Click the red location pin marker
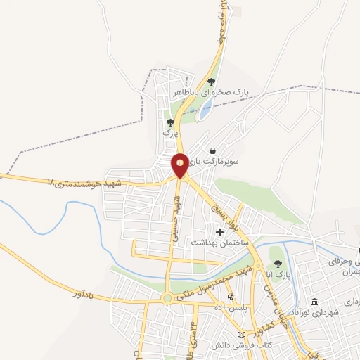(180, 165)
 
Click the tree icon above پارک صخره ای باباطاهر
(211, 82)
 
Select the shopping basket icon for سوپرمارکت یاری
(213, 150)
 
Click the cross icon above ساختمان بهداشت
(219, 231)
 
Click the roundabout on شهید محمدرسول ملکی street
(167, 299)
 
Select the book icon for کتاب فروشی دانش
(243, 334)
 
